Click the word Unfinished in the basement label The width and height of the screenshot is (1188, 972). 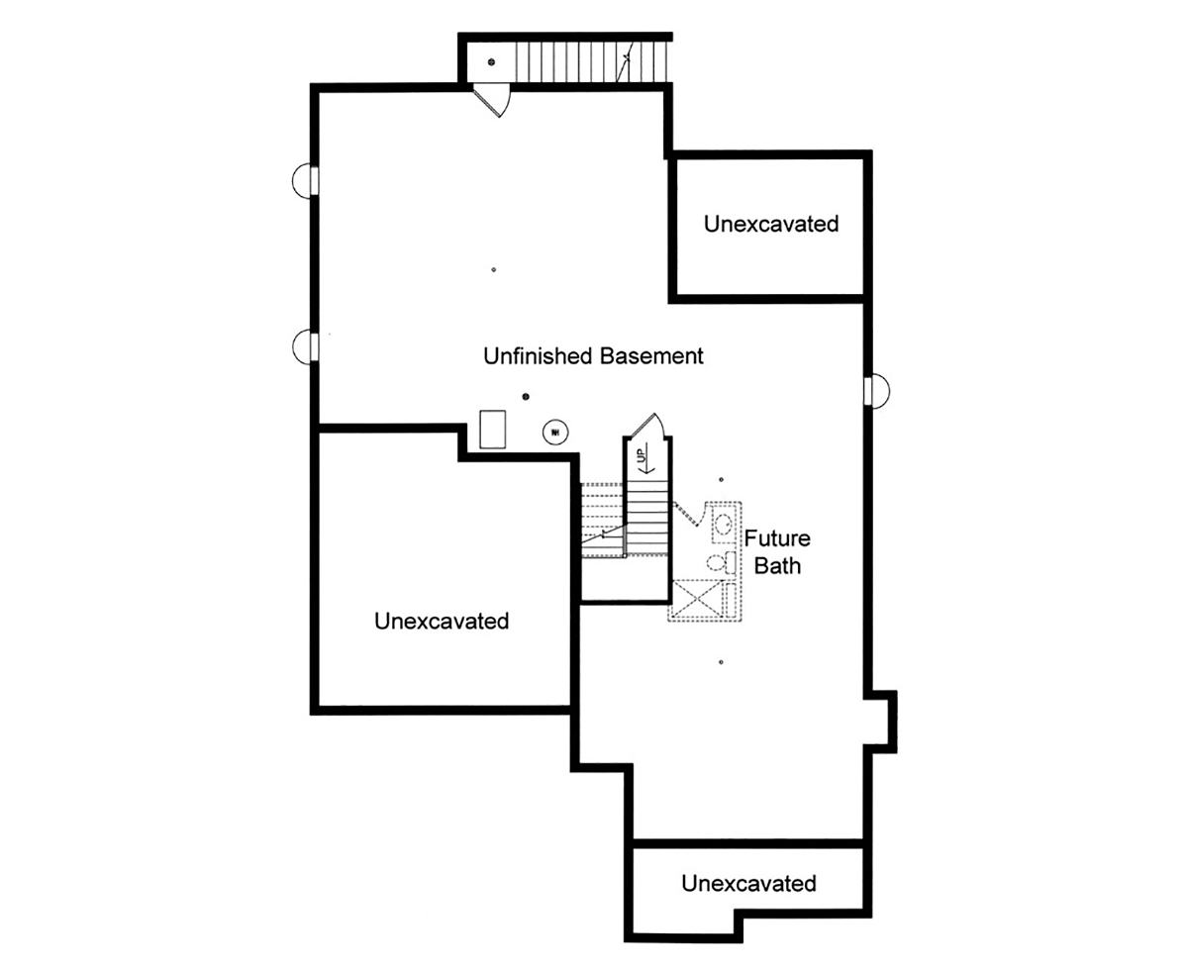(538, 356)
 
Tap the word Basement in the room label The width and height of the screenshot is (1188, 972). (651, 356)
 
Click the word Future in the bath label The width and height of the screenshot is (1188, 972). (777, 538)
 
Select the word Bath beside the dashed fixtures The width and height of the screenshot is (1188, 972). (777, 565)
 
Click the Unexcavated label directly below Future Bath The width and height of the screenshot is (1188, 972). (748, 883)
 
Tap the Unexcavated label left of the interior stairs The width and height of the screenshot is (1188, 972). (442, 621)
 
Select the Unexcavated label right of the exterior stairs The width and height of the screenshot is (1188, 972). (771, 224)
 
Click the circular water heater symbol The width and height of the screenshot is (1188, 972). (554, 432)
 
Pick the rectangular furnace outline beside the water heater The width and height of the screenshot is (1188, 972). (492, 430)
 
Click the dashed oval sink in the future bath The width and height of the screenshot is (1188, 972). (723, 525)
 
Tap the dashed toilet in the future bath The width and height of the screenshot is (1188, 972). (721, 562)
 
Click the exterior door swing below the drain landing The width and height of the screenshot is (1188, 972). (492, 100)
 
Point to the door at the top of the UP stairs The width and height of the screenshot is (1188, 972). (647, 426)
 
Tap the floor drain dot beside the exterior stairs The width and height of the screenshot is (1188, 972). (491, 62)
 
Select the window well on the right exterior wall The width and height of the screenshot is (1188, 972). (877, 390)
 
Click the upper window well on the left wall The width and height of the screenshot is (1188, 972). (305, 181)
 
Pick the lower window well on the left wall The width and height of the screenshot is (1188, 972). (305, 346)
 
